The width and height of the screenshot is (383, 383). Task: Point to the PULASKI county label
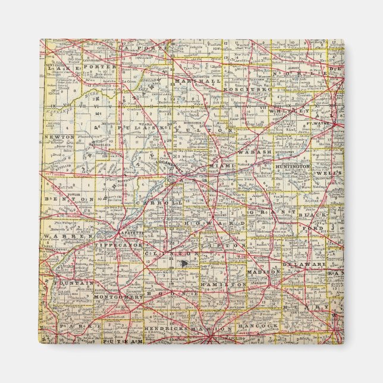click(x=138, y=128)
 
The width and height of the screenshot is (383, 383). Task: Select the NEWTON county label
click(x=59, y=137)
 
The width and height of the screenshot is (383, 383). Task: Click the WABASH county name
click(x=255, y=152)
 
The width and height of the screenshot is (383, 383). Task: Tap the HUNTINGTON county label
click(x=293, y=168)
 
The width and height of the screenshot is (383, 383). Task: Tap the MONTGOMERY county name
click(x=117, y=296)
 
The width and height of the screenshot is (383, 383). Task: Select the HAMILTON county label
click(x=224, y=285)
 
